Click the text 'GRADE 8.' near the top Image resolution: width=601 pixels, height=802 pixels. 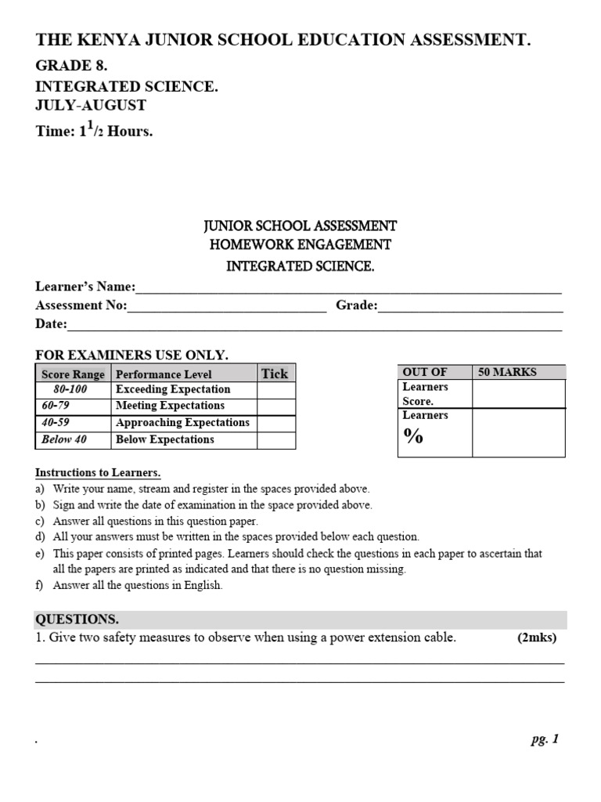(x=71, y=66)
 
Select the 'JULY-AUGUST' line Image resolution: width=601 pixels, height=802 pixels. (x=90, y=105)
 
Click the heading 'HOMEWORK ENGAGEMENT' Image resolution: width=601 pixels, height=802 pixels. (x=300, y=245)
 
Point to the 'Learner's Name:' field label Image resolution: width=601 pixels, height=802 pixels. (x=85, y=287)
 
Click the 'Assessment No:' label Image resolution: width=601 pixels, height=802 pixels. (x=81, y=305)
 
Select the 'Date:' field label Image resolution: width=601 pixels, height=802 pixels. (x=52, y=324)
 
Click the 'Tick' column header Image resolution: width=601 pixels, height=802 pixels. (x=275, y=374)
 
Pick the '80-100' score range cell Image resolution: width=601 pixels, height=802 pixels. (x=70, y=389)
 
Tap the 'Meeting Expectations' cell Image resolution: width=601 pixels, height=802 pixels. (x=170, y=406)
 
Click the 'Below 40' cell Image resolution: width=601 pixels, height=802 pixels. (x=64, y=439)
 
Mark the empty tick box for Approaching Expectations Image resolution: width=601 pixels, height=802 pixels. (x=276, y=423)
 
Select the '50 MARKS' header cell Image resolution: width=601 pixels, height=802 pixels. (x=507, y=372)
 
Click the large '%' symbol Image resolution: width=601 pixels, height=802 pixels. (x=414, y=437)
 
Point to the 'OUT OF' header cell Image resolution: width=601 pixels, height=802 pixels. (x=424, y=372)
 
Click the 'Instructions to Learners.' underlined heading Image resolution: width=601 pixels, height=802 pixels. (x=98, y=473)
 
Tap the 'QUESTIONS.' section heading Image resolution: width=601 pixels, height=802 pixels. (x=77, y=620)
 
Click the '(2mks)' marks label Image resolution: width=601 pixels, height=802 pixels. (x=536, y=638)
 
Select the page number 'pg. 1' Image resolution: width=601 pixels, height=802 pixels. (x=544, y=739)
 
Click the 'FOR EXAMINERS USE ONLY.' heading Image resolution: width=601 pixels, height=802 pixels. (x=131, y=355)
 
